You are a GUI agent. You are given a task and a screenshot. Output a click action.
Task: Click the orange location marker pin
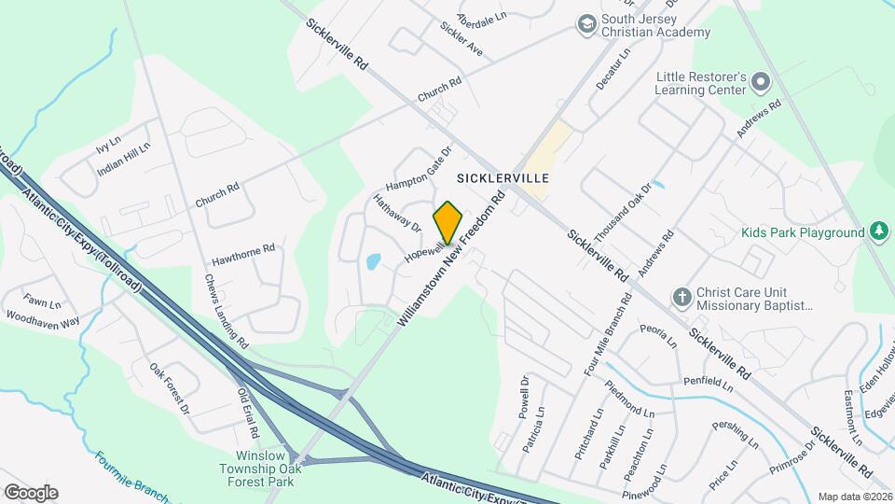[447, 222]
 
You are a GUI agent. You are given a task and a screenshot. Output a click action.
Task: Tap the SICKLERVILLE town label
[502, 176]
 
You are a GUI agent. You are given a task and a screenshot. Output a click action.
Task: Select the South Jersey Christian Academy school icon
[586, 22]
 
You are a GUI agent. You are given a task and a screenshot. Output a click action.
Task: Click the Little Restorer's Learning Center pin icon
[760, 82]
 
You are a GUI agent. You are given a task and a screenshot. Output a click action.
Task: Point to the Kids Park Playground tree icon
[878, 231]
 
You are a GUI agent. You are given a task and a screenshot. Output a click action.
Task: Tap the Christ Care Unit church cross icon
[682, 296]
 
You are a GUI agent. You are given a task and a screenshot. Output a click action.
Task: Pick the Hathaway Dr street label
[397, 213]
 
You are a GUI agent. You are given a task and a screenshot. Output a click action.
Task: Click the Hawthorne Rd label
[242, 249]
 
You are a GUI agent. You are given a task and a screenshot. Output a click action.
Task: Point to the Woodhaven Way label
[43, 319]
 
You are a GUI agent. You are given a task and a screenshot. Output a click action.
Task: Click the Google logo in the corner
[30, 492]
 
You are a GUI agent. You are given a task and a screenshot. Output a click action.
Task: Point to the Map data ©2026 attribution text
[854, 497]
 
